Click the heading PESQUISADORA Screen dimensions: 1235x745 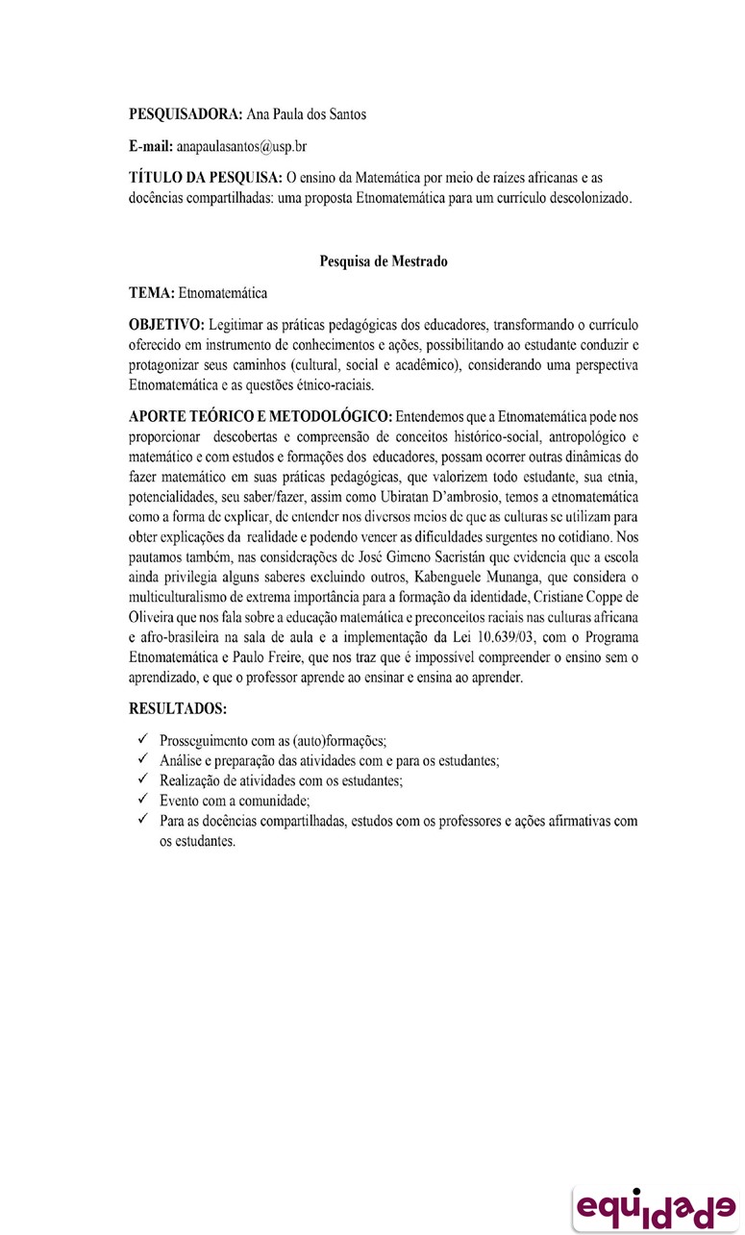tap(186, 114)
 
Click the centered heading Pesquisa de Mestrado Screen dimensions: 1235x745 tap(383, 260)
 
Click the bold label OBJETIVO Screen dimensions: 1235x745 tap(165, 323)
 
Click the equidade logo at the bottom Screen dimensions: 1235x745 tap(654, 1205)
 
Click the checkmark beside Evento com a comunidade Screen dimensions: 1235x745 tap(141, 800)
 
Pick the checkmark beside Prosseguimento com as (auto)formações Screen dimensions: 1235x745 tap(141, 740)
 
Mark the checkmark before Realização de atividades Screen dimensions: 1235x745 tap(141, 779)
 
